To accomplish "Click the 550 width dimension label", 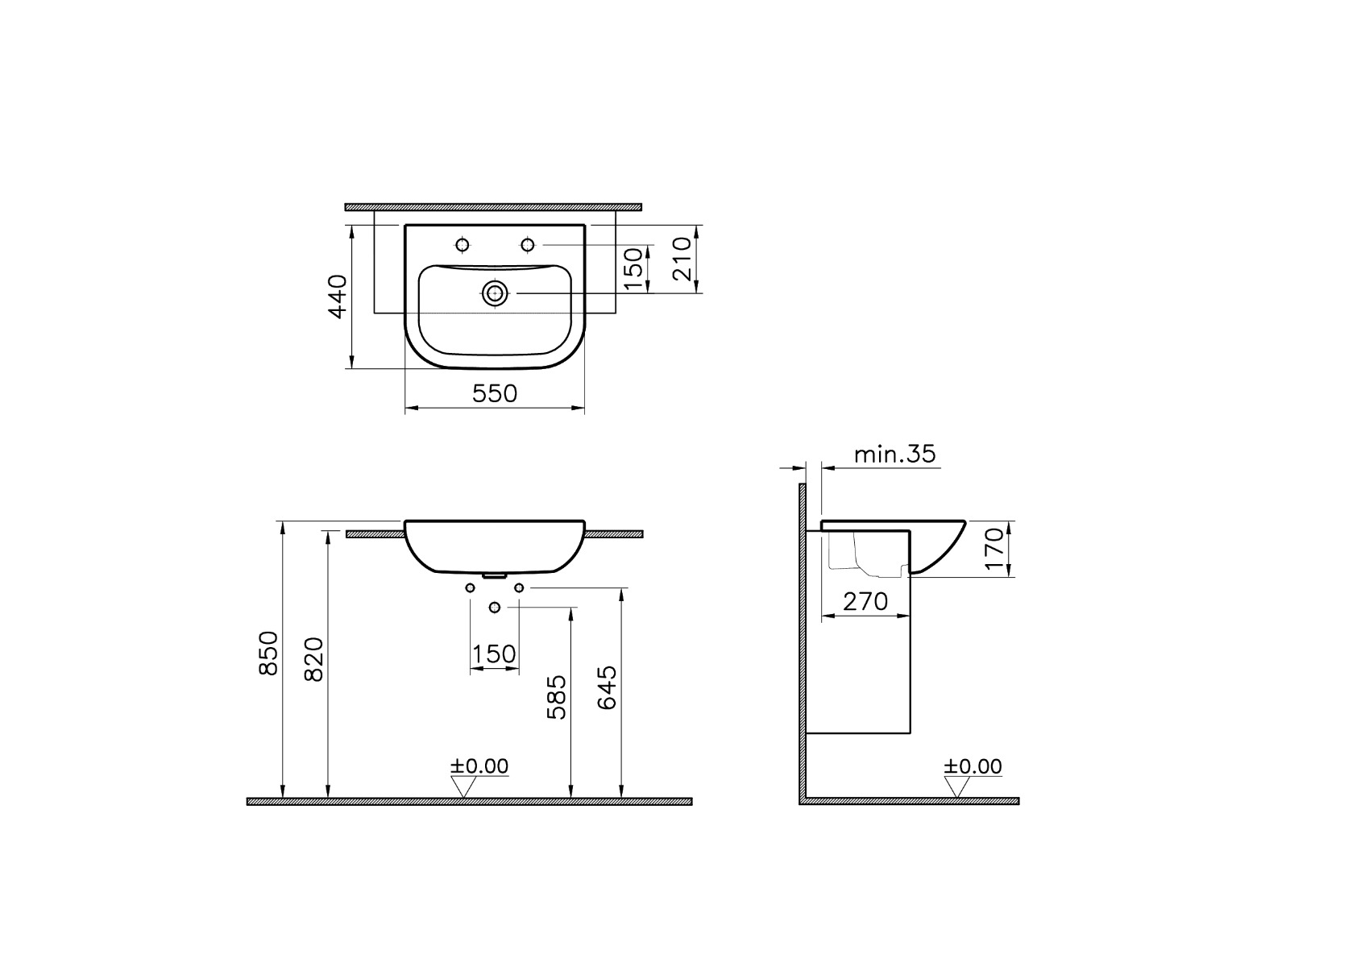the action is tap(495, 393).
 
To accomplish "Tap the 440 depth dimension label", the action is tap(338, 297).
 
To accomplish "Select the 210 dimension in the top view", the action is tap(682, 259).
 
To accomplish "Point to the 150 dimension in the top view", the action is tap(634, 268).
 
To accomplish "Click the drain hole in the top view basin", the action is tap(495, 293).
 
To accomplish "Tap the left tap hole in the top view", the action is tap(463, 245).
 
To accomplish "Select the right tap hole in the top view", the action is tap(528, 245).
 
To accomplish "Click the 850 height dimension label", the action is tap(269, 654).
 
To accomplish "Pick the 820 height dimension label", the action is tap(314, 659).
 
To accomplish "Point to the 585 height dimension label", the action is tap(557, 697).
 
